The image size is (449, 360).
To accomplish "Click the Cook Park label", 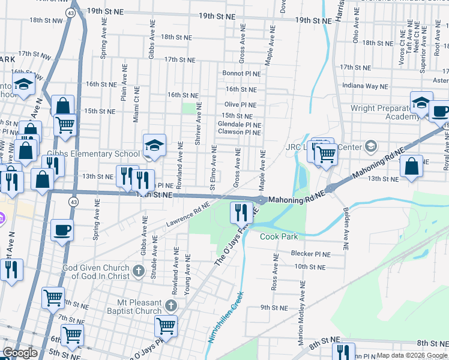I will coord(279,236).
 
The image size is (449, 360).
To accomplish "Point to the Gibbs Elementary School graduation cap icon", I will coord(154,145).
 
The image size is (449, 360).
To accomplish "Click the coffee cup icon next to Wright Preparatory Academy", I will coord(439,111).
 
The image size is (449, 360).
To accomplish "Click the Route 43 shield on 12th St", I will coord(73,200).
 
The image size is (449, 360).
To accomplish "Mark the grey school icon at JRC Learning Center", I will coord(371,146).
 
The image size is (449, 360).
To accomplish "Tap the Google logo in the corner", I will coord(20,353).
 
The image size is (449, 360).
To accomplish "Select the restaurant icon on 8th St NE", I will coord(343,351).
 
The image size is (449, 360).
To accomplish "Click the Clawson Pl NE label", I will coord(239,132).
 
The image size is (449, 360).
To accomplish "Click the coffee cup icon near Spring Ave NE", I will coord(61,229).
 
